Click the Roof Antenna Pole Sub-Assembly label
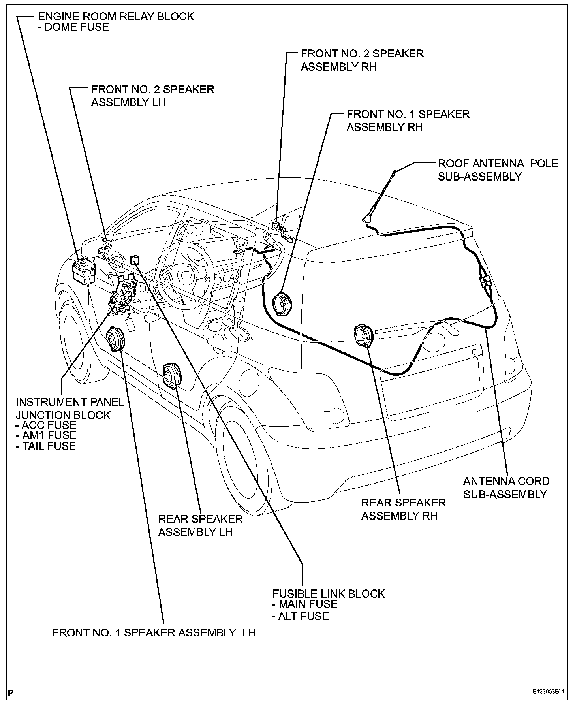(498, 170)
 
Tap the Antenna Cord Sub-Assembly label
(506, 488)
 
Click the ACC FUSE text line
(46, 425)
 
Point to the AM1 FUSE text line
(46, 435)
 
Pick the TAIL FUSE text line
(46, 446)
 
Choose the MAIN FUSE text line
(304, 604)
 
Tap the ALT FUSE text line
(301, 616)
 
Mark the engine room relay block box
(85, 271)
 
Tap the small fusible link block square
(135, 260)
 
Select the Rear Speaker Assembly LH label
(200, 525)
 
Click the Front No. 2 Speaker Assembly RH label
(362, 60)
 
